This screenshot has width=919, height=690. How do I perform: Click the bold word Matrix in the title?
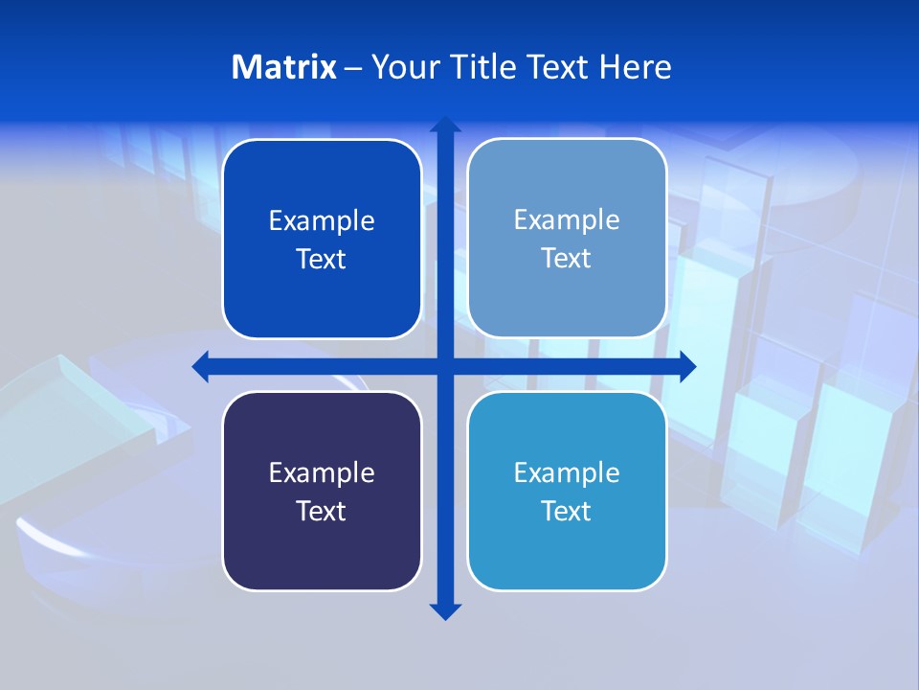click(283, 67)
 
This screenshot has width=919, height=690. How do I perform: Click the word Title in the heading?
click(483, 67)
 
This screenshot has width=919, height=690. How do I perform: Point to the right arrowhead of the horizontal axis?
click(687, 366)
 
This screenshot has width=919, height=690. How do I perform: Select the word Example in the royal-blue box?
click(322, 220)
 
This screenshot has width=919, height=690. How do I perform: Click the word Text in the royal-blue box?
click(322, 259)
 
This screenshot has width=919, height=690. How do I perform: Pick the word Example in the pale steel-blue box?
click(567, 219)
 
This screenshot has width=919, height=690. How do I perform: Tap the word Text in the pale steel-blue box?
click(567, 258)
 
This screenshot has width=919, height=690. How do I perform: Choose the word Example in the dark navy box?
click(322, 472)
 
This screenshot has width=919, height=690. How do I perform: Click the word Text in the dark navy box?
click(322, 511)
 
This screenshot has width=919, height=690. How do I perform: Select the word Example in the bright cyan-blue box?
click(567, 472)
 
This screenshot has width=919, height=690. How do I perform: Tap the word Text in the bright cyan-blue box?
click(567, 511)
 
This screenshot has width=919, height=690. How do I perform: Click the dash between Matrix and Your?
click(353, 68)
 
